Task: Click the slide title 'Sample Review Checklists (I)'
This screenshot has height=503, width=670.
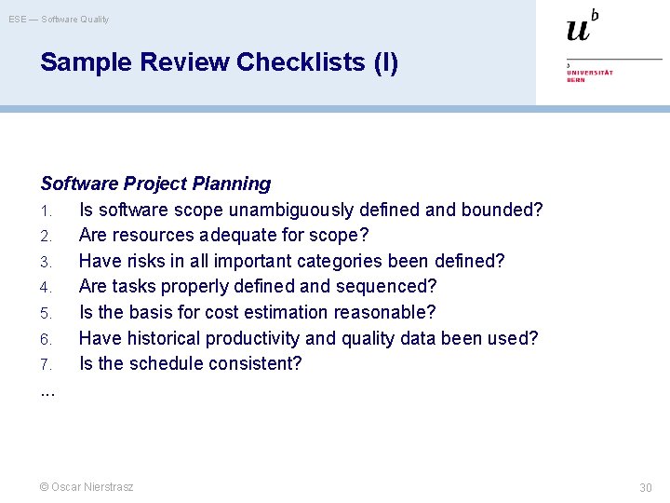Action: [219, 62]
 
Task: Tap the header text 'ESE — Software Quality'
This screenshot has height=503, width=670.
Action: [59, 19]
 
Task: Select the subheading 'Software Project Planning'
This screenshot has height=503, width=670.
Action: [155, 184]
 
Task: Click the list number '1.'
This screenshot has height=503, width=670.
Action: [47, 211]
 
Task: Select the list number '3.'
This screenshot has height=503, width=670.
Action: [47, 262]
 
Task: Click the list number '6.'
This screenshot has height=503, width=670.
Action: [47, 339]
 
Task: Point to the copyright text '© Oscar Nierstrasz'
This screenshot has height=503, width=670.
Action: [87, 487]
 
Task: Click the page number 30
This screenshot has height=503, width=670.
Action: [645, 488]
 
